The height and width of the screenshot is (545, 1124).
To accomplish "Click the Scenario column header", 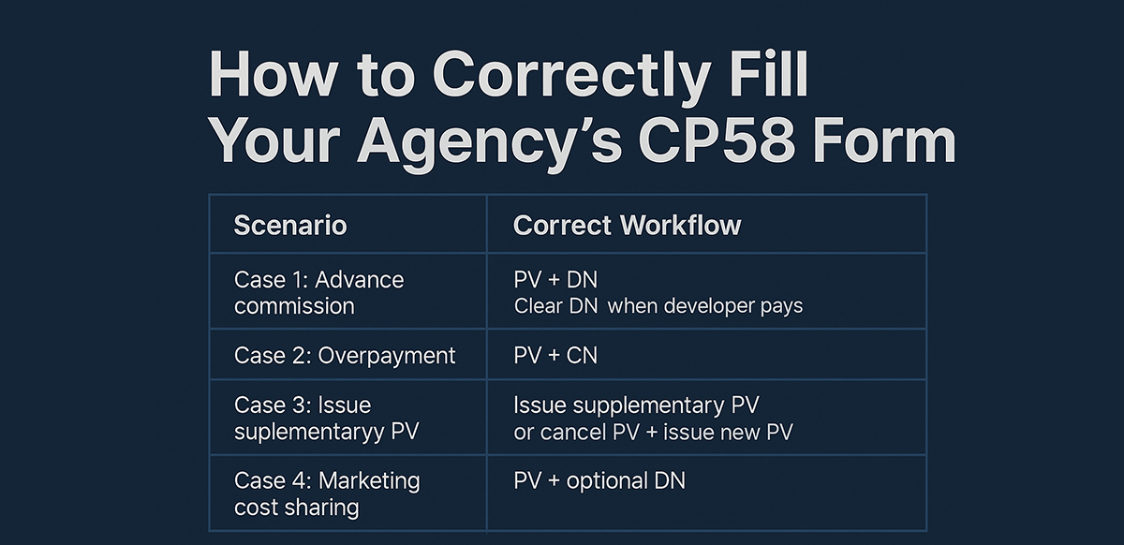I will click(x=290, y=226).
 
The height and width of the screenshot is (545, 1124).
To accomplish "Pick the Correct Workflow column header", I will click(x=627, y=226).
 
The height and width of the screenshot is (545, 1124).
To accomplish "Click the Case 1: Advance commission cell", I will click(x=318, y=292).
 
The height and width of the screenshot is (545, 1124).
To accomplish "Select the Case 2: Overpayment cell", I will click(x=344, y=356).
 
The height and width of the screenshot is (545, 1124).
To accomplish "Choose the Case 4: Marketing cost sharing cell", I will click(x=327, y=493).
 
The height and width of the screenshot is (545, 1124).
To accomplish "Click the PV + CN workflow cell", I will click(x=555, y=356).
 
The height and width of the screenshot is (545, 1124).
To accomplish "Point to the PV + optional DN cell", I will click(x=599, y=481).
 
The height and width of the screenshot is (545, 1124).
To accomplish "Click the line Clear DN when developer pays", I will click(x=658, y=306).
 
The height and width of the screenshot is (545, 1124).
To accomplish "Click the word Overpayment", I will click(x=387, y=356).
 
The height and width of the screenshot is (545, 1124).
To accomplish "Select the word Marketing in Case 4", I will click(x=369, y=481).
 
